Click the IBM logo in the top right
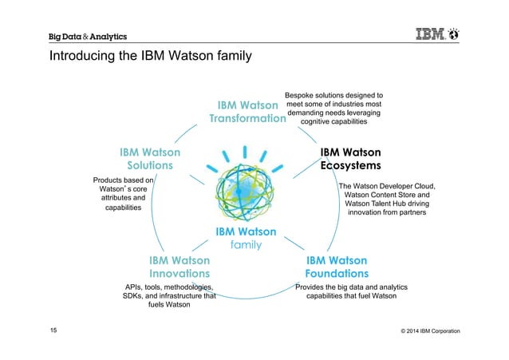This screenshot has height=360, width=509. tap(431, 35)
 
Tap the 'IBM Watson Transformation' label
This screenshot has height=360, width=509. tap(247, 112)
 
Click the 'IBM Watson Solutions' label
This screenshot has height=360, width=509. tap(150, 158)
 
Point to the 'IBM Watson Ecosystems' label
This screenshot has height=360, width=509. tap(350, 158)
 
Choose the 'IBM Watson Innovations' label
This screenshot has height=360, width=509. tap(180, 267)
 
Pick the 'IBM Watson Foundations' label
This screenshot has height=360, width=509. tap(337, 267)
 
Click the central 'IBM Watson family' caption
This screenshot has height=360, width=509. tap(246, 238)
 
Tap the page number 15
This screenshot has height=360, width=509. tap(54, 330)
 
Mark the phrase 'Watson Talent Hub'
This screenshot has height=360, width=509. tap(374, 204)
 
